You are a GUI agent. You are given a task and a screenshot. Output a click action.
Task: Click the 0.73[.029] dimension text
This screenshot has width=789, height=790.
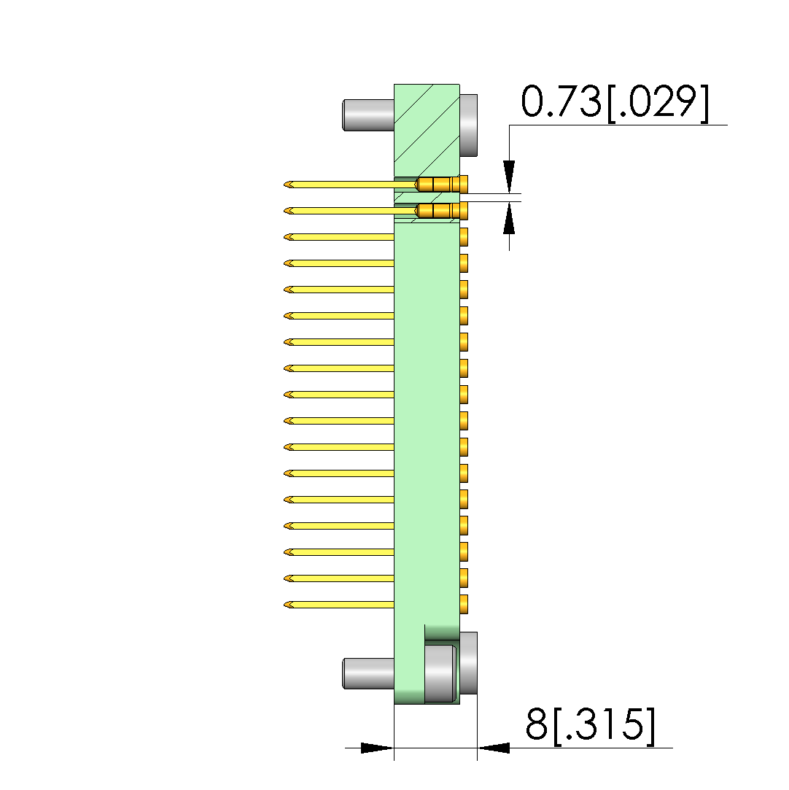(x=615, y=103)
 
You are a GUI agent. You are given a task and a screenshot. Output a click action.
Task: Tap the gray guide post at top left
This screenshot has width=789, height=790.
(x=368, y=115)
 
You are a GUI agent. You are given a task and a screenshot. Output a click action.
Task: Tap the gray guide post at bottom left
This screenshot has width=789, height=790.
(x=368, y=673)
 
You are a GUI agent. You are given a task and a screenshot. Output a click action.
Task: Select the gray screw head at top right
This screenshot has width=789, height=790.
(x=468, y=125)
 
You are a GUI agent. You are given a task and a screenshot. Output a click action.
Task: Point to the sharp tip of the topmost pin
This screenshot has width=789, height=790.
(x=284, y=185)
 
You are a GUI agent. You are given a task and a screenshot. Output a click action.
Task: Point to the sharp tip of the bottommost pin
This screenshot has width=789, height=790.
(x=284, y=605)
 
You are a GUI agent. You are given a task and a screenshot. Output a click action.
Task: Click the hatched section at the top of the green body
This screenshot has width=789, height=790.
(x=427, y=130)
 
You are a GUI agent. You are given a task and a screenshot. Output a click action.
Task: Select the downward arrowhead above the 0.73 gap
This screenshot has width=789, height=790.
(x=509, y=177)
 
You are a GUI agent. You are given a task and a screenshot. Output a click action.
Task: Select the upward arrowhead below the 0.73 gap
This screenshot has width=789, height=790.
(x=509, y=217)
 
